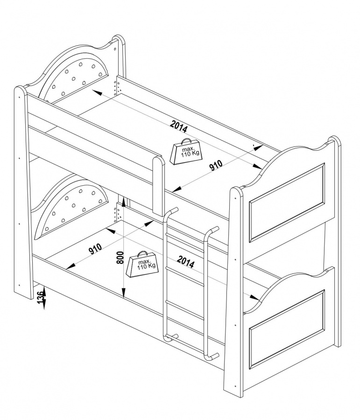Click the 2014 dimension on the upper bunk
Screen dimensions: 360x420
click(x=179, y=126)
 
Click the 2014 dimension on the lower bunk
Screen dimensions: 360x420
click(x=185, y=262)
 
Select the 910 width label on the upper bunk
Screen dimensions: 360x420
click(x=216, y=165)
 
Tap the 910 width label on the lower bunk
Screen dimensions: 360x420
click(x=95, y=248)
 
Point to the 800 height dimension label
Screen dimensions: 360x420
click(x=120, y=258)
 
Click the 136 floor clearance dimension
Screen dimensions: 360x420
click(x=40, y=297)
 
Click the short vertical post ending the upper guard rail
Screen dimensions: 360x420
click(x=158, y=186)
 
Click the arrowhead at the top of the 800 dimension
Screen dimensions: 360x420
click(x=123, y=201)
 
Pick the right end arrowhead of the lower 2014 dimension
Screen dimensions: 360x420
click(x=254, y=297)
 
